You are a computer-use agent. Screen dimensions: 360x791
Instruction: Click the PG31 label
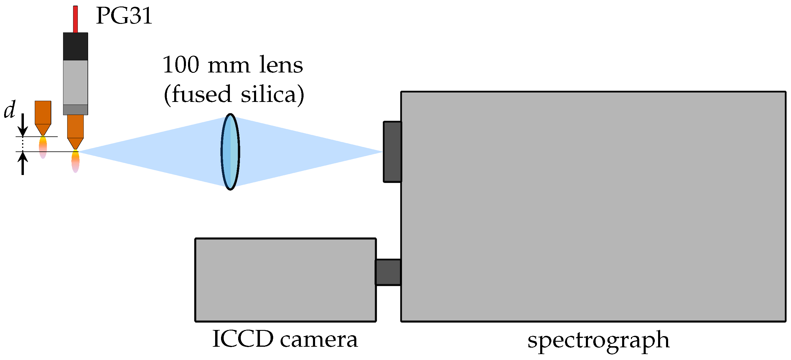click(124, 16)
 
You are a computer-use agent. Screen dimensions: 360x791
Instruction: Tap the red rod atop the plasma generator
click(75, 19)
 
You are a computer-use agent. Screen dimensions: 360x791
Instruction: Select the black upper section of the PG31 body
click(75, 46)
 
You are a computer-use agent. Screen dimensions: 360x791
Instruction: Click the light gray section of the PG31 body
click(75, 82)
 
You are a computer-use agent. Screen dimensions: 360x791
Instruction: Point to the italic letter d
click(9, 110)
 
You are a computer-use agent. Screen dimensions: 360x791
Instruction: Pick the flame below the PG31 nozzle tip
click(75, 161)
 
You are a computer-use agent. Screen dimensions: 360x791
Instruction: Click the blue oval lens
click(230, 152)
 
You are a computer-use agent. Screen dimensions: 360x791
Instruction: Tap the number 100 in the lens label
click(181, 65)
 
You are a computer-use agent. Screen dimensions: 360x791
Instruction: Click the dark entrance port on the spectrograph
click(392, 152)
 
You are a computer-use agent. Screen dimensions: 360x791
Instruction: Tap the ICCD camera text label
click(285, 339)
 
